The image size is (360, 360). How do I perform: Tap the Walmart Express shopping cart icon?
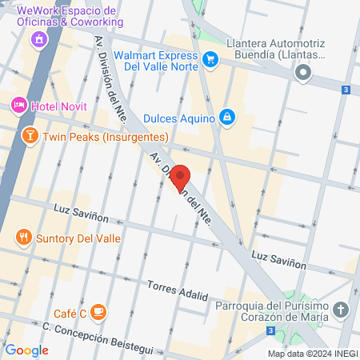click(210, 58)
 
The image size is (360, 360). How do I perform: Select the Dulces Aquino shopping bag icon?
click(227, 118)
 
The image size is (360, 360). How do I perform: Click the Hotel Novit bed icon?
click(18, 105)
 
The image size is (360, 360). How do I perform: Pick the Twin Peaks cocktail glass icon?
click(29, 136)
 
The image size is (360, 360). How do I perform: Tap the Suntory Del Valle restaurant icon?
click(23, 237)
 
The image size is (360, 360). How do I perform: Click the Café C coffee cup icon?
click(98, 311)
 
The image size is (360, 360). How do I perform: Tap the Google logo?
click(26, 350)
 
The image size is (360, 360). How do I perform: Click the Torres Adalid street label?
click(178, 290)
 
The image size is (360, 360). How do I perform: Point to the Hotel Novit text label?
click(58, 105)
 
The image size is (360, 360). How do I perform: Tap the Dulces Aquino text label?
click(179, 118)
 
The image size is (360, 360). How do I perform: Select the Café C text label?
click(70, 311)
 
